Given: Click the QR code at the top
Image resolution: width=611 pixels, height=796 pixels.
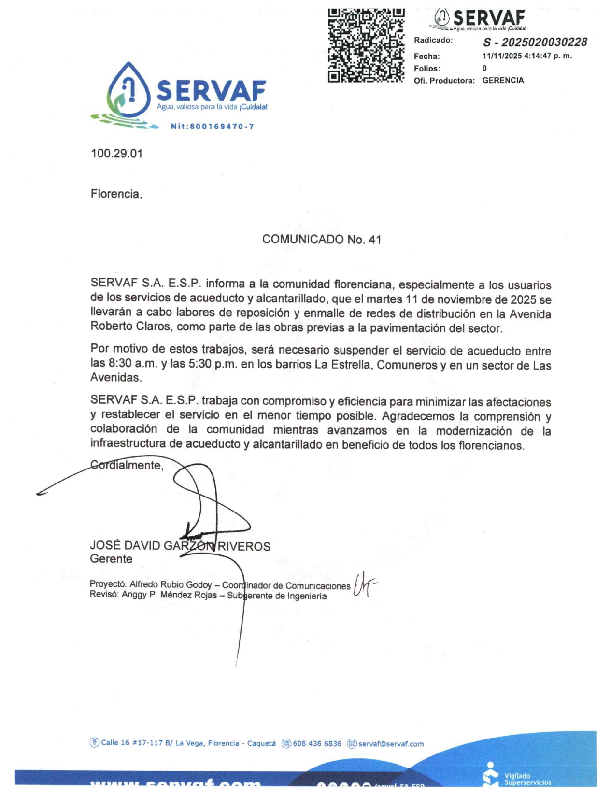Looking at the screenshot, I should tap(366, 45).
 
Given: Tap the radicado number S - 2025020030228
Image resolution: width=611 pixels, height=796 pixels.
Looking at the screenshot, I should tap(535, 42).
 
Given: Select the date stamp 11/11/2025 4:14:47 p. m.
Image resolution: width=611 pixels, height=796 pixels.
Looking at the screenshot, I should tap(527, 56).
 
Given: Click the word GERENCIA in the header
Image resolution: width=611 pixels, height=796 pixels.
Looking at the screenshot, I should tap(503, 80).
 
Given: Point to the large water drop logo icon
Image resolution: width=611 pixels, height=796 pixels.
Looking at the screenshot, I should tap(128, 91).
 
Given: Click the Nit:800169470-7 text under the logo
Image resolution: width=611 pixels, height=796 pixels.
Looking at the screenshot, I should tap(212, 127).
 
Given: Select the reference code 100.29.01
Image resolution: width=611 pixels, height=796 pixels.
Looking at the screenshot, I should tap(116, 154).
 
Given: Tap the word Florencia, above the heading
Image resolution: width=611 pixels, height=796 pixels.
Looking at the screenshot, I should tap(116, 194).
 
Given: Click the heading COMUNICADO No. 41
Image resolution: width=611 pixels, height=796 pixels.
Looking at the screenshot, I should tap(321, 240).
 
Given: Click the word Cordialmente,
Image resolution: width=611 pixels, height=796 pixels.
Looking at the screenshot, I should tap(127, 465).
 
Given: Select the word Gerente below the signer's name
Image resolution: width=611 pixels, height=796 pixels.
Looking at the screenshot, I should tap(111, 559).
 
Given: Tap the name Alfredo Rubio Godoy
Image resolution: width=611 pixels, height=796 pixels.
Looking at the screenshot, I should tap(171, 585).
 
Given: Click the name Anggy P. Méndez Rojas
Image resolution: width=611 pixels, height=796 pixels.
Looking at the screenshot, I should tap(169, 595).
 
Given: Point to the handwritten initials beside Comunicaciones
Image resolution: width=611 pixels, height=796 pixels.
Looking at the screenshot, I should tap(364, 584).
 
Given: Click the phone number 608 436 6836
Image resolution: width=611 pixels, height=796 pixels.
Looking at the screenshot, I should tap(317, 744).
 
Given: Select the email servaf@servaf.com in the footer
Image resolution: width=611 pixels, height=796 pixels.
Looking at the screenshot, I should tap(391, 744).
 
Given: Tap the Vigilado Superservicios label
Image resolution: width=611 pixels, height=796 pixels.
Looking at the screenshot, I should tap(526, 779).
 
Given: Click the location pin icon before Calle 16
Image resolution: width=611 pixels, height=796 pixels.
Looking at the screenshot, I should tap(95, 743).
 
